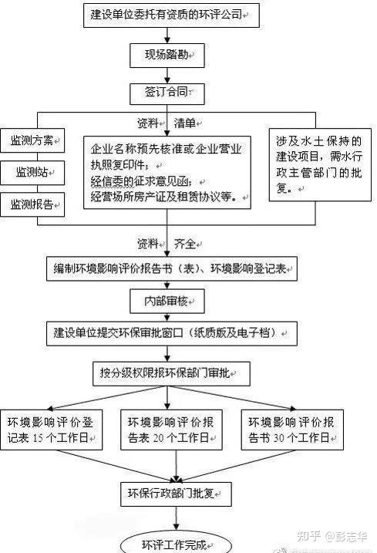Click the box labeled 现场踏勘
[167, 56]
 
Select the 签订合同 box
[167, 93]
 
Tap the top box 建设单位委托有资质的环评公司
[171, 15]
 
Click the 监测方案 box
[32, 140]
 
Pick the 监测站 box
[32, 173]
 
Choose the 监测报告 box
[32, 204]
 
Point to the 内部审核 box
[167, 302]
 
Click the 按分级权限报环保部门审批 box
[171, 373]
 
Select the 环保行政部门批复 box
[176, 494]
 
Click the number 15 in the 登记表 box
[38, 438]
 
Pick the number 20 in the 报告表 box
[158, 438]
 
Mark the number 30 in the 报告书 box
[279, 438]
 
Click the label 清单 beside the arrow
[184, 123]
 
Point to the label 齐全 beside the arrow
[184, 244]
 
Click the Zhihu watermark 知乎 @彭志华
[332, 537]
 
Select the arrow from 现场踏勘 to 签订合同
[167, 76]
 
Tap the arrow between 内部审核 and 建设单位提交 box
[167, 317]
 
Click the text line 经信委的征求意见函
[141, 181]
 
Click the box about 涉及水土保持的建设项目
[320, 165]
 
